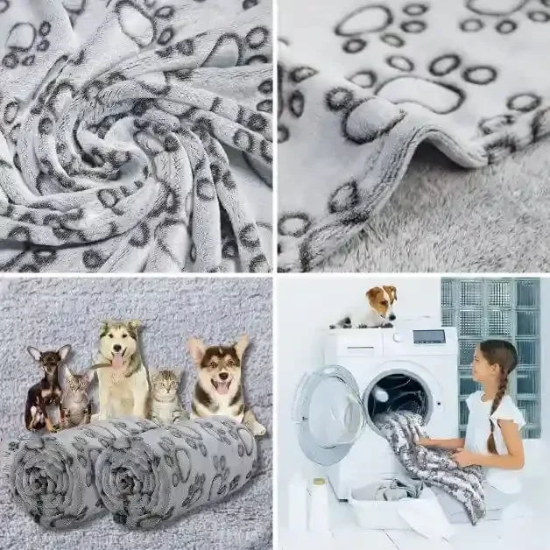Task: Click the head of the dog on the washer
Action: coord(382,300)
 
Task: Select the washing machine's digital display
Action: coord(429,336)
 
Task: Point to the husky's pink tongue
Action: coord(118,360)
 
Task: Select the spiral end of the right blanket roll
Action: coord(121,479)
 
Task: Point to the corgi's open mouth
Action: coord(222,387)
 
